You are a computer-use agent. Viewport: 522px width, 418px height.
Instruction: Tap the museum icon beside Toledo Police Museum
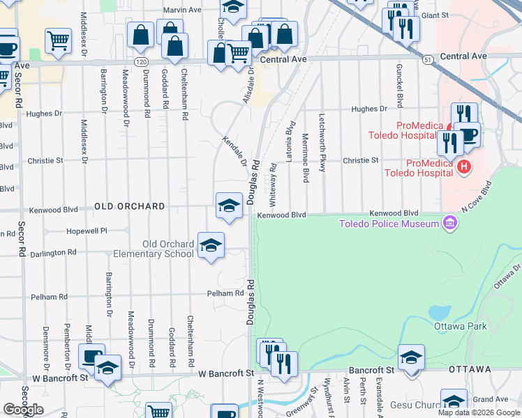(x=450, y=223)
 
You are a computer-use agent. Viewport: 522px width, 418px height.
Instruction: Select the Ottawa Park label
(x=459, y=326)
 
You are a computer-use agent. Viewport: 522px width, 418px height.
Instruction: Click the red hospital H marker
(x=463, y=167)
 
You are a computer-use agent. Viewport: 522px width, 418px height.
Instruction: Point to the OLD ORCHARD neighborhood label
(x=130, y=207)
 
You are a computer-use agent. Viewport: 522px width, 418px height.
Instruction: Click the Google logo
(x=23, y=410)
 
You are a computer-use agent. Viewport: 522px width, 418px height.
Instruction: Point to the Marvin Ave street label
(x=182, y=10)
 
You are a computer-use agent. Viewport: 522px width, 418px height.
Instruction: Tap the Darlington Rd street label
(x=52, y=252)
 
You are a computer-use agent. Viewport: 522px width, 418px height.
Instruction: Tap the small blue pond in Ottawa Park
(x=440, y=311)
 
